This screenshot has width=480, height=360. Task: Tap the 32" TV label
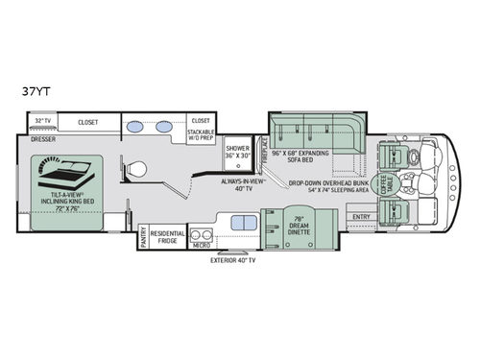[42, 122]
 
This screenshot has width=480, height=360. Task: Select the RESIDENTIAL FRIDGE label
[168, 236]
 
